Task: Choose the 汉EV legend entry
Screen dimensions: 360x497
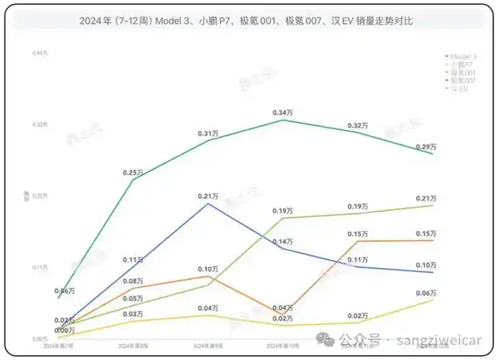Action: (457, 89)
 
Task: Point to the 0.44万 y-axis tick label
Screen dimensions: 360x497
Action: (40, 53)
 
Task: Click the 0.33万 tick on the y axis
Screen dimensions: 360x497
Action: (40, 124)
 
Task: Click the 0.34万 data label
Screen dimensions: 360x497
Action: (283, 113)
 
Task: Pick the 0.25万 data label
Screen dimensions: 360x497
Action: (133, 172)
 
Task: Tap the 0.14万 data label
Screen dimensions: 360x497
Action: (283, 241)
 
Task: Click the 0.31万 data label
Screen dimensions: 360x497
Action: (208, 133)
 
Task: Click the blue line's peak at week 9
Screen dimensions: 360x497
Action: (208, 204)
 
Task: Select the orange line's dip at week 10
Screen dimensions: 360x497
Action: (283, 313)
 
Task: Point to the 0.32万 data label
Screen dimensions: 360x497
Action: (358, 126)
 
